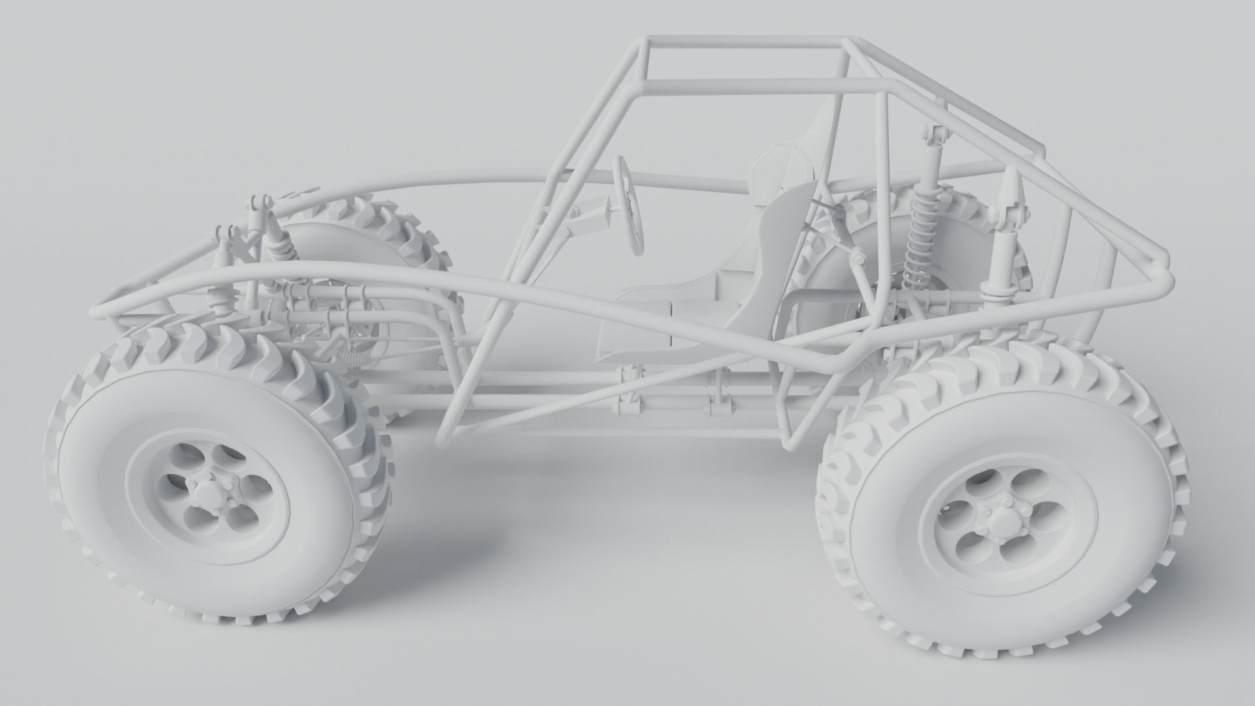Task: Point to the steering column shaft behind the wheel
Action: [592, 219]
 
